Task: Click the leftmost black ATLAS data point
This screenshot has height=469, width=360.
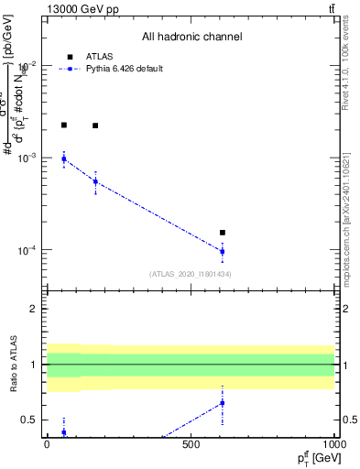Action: (x=63, y=125)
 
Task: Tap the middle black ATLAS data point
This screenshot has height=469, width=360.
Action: (x=95, y=125)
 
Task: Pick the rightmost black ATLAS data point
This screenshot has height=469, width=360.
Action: (x=223, y=233)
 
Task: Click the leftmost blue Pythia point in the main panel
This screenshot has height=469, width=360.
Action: (x=63, y=159)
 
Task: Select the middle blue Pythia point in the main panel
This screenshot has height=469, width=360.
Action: (x=95, y=181)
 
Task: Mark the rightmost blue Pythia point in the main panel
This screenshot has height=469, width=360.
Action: (x=223, y=251)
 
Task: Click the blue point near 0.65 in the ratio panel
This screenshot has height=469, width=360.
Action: (x=223, y=403)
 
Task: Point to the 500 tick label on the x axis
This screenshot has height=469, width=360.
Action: (x=191, y=444)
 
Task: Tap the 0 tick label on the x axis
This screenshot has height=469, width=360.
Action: (x=47, y=444)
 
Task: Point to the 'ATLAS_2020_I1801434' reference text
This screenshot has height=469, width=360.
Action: (x=191, y=274)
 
